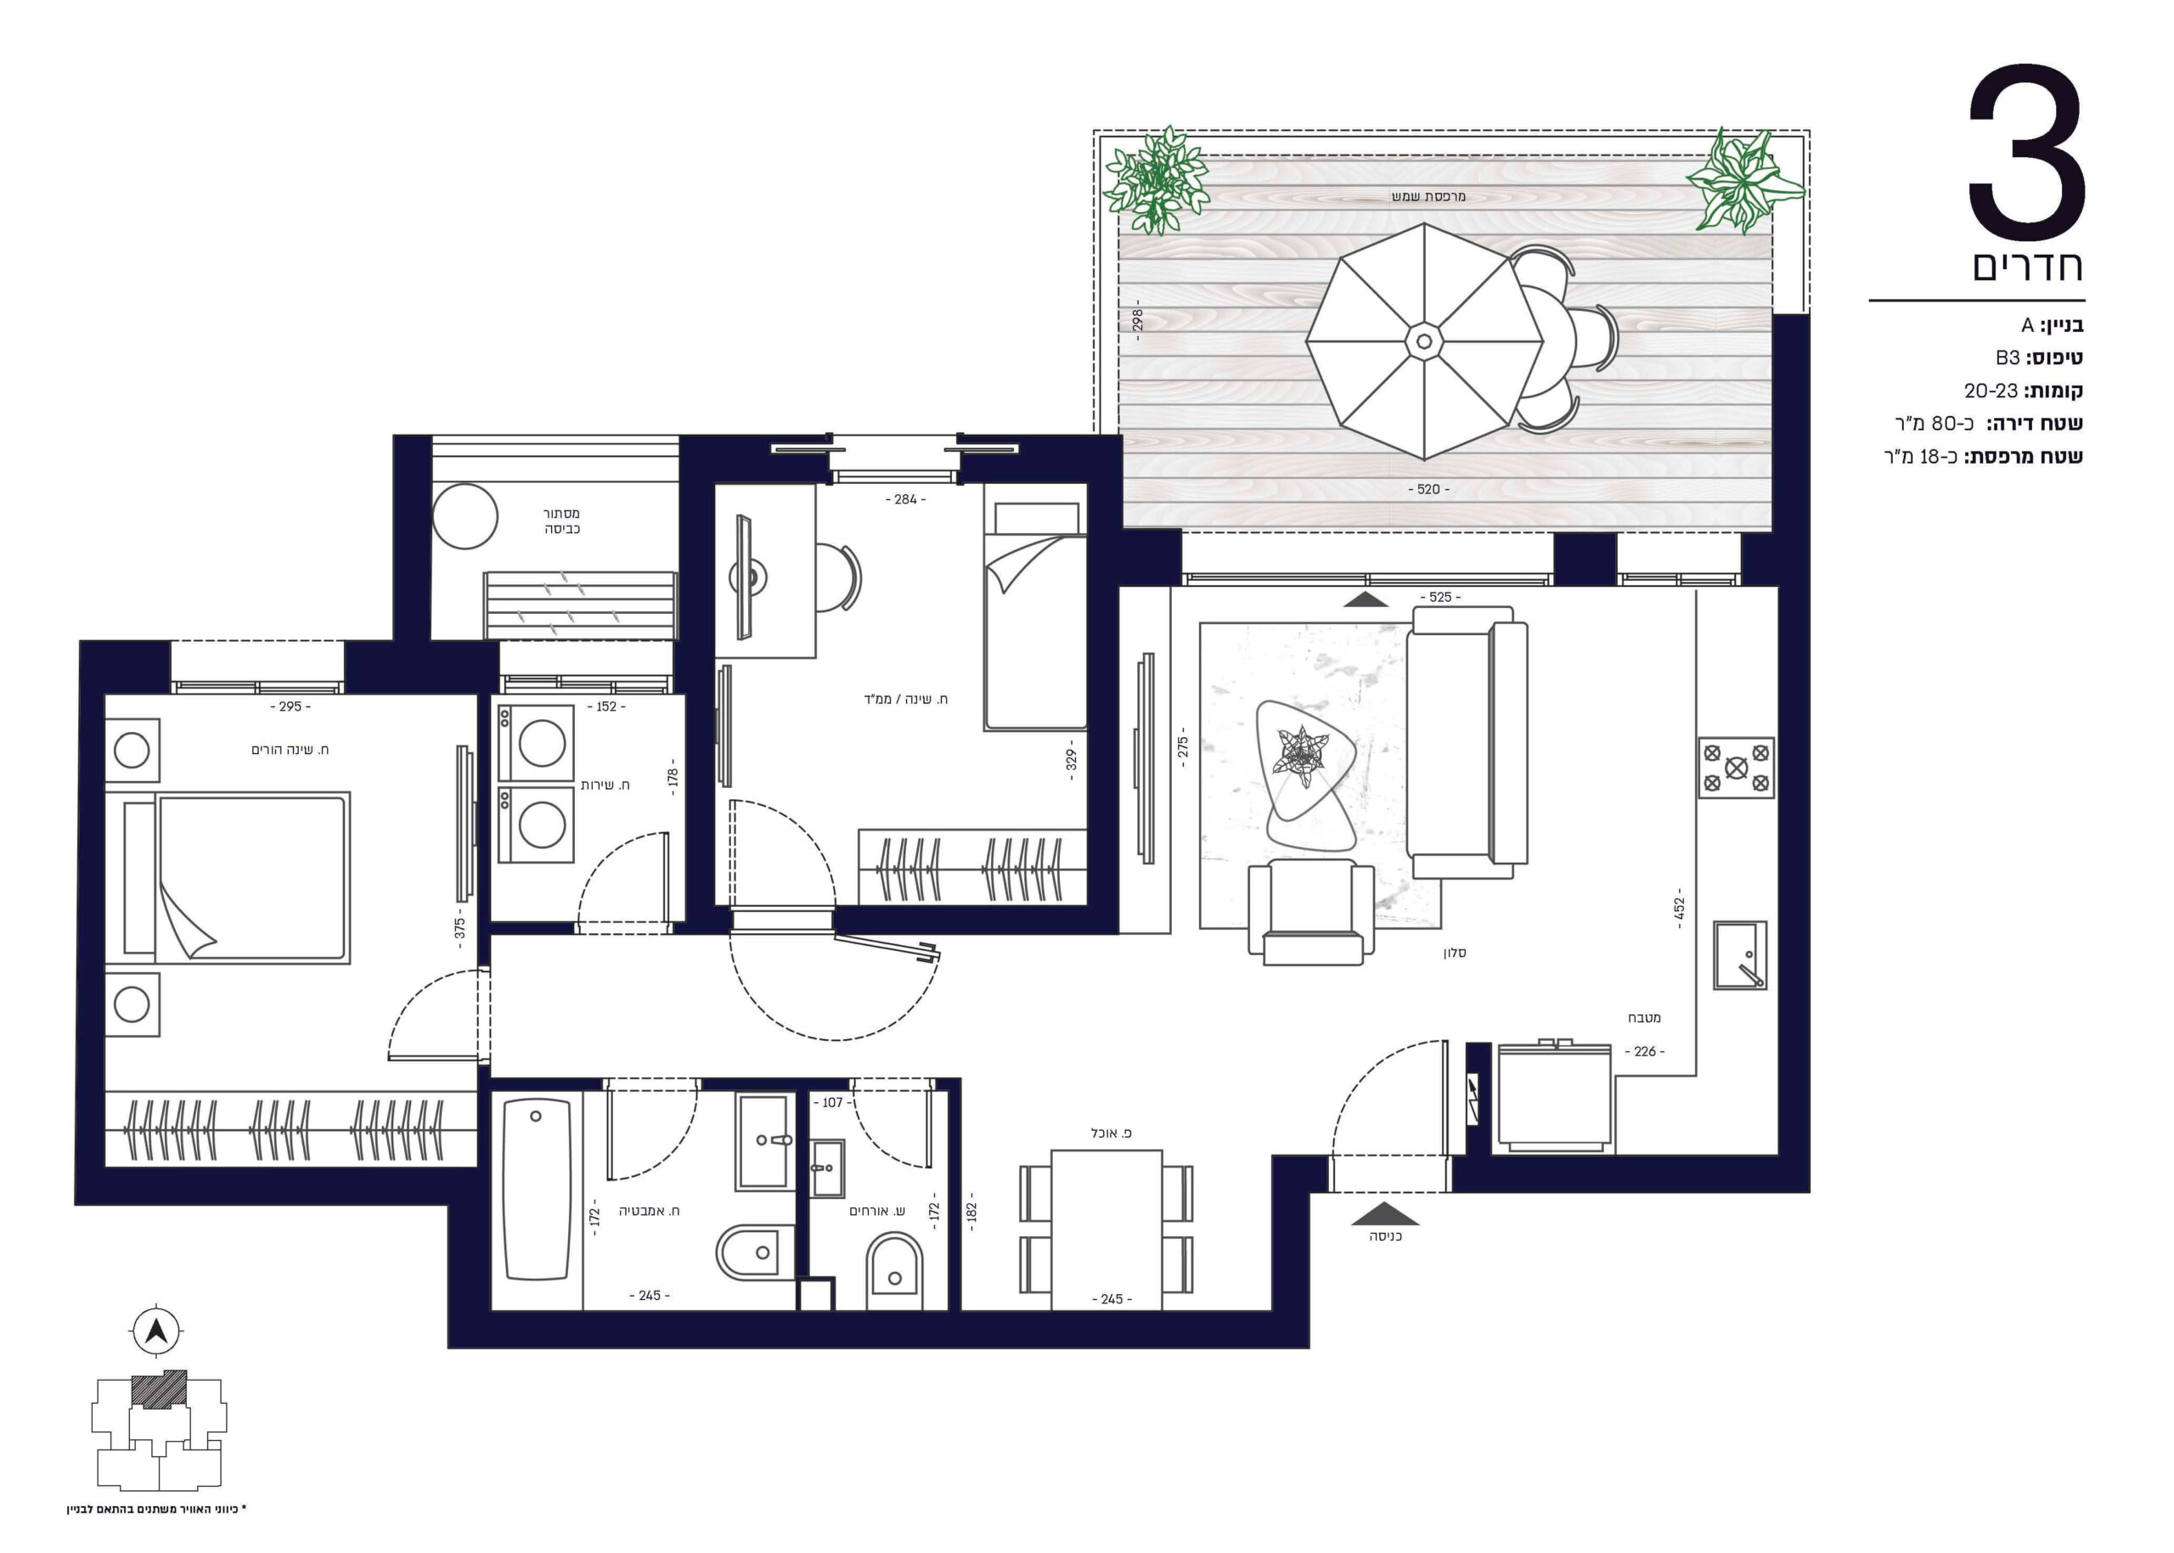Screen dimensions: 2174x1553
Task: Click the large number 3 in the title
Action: click(2025, 153)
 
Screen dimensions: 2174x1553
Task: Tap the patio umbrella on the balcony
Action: click(1424, 341)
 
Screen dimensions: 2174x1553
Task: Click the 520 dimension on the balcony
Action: click(1428, 490)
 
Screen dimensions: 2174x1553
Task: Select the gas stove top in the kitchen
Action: click(1735, 767)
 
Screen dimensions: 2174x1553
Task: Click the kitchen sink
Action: click(1739, 954)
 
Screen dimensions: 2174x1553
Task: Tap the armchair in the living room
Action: click(1310, 911)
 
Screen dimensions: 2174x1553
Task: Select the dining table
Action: click(1107, 1229)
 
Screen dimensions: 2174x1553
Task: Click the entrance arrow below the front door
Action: click(1386, 1213)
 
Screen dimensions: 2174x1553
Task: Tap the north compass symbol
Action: click(156, 1331)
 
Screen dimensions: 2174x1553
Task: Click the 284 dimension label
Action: click(904, 499)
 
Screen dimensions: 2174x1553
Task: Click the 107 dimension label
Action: click(832, 1103)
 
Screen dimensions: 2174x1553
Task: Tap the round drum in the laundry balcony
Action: click(465, 516)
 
